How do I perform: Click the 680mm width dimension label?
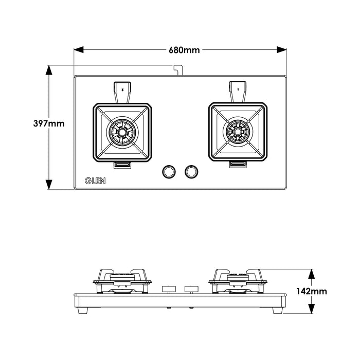point(184,50)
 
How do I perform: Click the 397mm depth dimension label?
point(49,123)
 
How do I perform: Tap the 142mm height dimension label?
point(311,292)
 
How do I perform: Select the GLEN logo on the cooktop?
point(95,181)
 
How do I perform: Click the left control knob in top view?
point(169,172)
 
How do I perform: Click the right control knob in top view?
point(191,172)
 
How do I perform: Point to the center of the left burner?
point(122,132)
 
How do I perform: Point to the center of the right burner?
point(238,132)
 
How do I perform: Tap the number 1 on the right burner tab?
point(238,89)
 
